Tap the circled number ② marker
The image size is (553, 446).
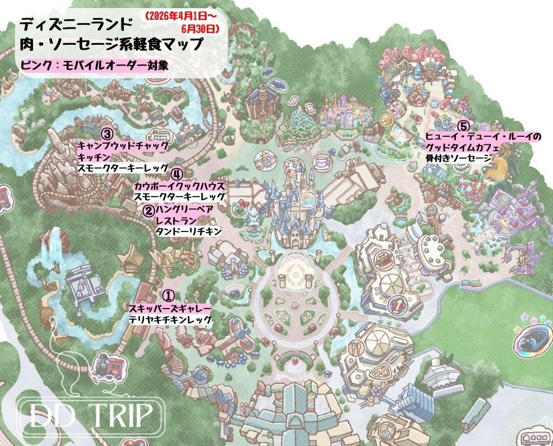149,210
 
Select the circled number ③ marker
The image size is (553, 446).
107,134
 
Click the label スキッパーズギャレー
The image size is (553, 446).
169,309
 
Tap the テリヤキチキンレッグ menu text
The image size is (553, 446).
169,319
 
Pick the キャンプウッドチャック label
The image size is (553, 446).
123,146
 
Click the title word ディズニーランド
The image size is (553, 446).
75,24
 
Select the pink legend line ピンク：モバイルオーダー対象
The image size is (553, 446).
93,64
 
